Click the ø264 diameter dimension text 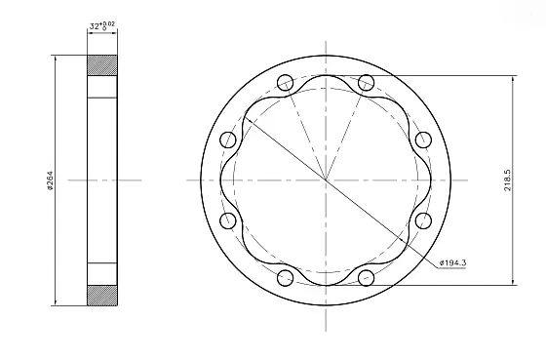[50, 180]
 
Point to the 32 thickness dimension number [95, 25]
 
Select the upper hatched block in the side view [103, 66]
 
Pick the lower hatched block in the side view [103, 293]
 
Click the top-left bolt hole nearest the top [285, 82]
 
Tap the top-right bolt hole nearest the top [367, 82]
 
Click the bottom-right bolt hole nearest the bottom [367, 279]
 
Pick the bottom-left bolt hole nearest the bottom [285, 279]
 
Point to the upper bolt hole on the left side [228, 140]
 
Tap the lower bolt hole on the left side [228, 221]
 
